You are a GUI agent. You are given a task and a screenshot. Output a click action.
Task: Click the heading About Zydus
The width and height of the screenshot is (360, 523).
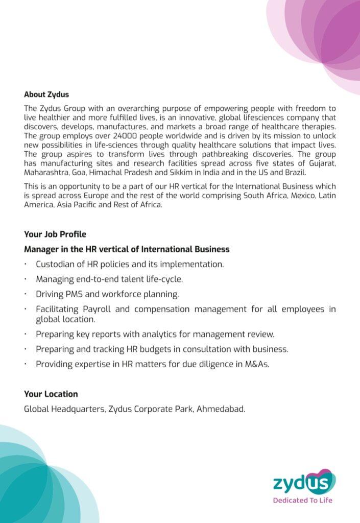pos(46,94)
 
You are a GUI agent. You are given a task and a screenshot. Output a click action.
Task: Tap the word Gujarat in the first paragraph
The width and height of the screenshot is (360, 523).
pos(321,162)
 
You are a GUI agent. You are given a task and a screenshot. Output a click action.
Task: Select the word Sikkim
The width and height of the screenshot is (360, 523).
pos(168,172)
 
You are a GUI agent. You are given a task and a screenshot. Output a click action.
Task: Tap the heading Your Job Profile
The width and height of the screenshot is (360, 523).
pos(55,234)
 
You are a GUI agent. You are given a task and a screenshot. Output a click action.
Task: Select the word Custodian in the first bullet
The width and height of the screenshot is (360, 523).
pos(57,265)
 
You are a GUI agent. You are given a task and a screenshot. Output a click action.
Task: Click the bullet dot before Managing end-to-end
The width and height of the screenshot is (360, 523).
pos(26,279)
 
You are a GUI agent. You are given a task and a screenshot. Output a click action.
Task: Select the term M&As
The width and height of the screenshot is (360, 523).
pos(256,365)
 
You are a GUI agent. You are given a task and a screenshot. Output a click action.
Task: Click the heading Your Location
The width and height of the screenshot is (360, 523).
pos(51,394)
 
